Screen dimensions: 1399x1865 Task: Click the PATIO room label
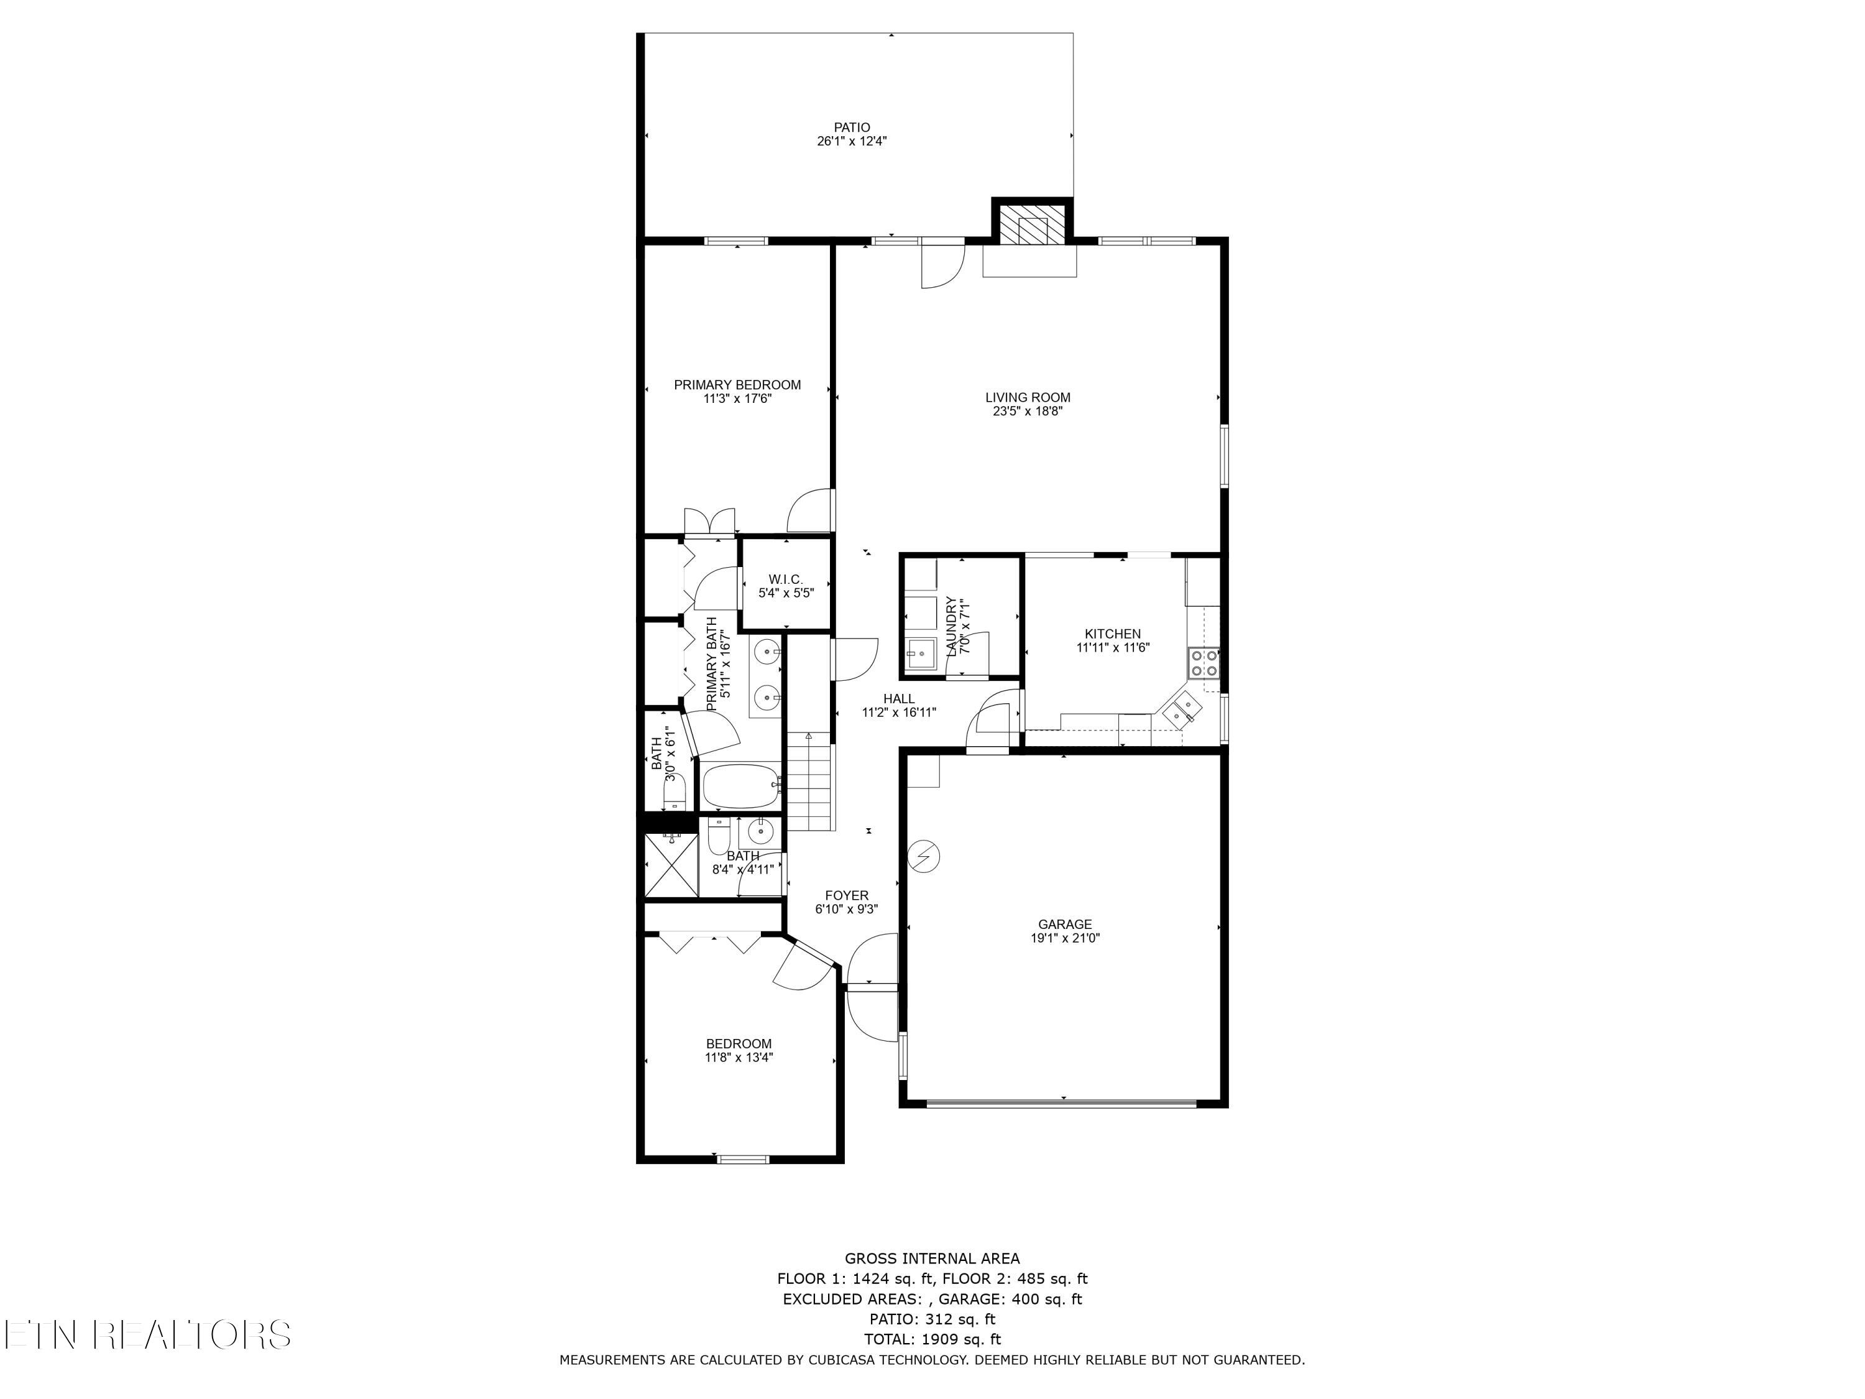coord(852,128)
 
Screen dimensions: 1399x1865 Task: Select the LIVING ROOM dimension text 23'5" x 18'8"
coord(1027,412)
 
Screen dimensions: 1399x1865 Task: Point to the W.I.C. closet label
coord(785,579)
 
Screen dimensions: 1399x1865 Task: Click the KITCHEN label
coord(1112,634)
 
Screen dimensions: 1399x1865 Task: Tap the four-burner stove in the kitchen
coord(1203,663)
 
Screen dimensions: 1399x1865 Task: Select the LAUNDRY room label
coord(951,627)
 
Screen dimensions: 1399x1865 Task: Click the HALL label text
coord(899,699)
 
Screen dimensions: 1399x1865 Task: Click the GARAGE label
coord(1064,924)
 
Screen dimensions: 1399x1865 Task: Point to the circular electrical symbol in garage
coord(923,857)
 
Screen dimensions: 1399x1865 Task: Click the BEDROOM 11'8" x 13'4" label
coord(739,1044)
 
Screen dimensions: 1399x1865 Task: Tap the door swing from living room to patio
coord(941,265)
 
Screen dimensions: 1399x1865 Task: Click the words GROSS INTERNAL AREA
coord(932,1259)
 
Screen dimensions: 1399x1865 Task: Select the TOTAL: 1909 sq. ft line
coord(932,1339)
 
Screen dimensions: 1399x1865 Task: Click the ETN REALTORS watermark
coord(147,1335)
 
